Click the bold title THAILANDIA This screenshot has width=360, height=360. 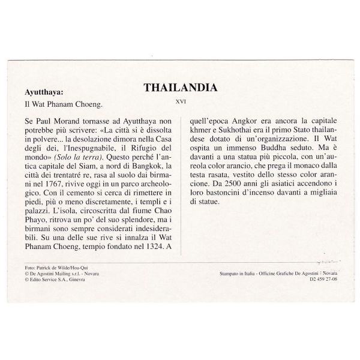point(180,88)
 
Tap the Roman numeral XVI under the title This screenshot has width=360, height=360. point(180,101)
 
